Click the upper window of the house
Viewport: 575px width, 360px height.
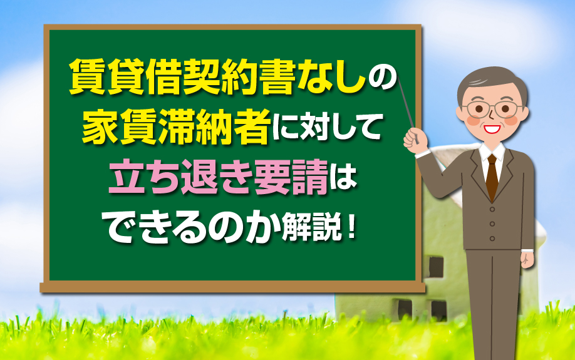[436, 266]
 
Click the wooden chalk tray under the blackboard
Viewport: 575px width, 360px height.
[232, 287]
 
